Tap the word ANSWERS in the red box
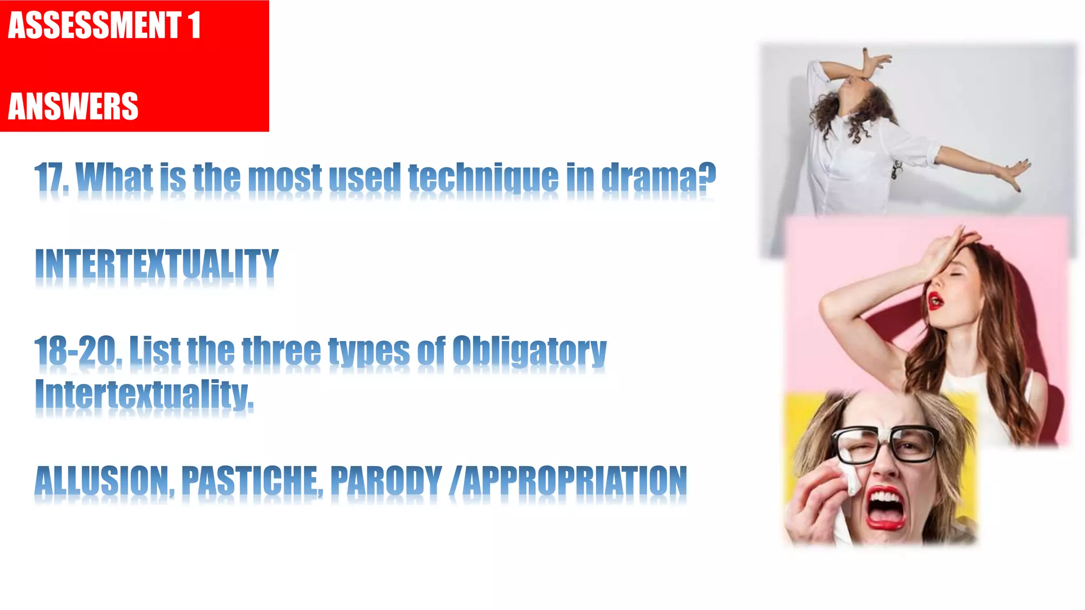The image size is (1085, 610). point(73,106)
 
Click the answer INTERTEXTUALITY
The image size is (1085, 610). point(157,264)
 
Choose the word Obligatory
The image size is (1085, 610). point(529,351)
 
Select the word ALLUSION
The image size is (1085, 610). point(103,481)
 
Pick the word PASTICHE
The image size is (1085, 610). point(251,481)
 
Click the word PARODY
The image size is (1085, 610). point(386,481)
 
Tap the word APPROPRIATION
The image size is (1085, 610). point(574,481)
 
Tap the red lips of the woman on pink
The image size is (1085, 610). point(935,300)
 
